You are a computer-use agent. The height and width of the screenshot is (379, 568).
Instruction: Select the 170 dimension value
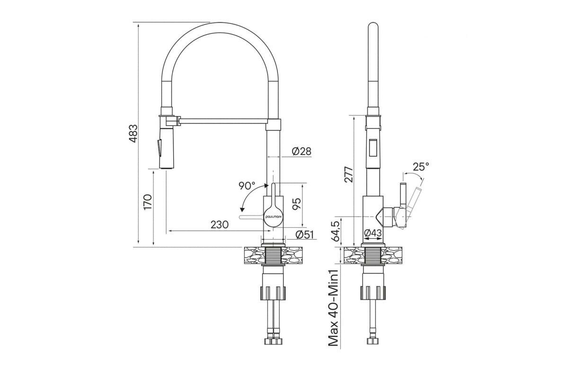pos(147,201)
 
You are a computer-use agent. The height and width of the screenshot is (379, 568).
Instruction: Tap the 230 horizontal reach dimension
pos(219,225)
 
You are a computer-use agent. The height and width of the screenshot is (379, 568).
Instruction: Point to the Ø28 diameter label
pos(302,151)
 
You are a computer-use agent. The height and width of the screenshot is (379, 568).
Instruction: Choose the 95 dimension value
pos(296,204)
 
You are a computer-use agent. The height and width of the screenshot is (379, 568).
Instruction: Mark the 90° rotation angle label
pos(247,185)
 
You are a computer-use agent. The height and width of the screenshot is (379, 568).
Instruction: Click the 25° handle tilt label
pos(421,167)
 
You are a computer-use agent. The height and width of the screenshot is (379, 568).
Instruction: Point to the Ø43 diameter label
pos(373,233)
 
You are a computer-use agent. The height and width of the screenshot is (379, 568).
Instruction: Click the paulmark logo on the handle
pos(272,216)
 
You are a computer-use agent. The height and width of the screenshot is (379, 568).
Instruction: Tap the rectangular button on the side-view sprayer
pos(373,147)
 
